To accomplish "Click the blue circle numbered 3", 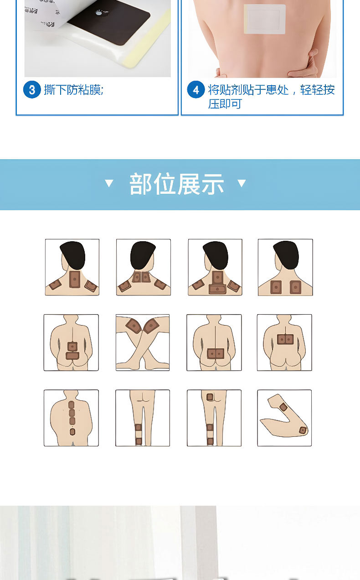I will [x=32, y=90].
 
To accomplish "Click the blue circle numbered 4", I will [x=196, y=90].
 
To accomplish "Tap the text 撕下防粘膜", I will [x=73, y=90].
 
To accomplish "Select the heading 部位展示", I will [x=176, y=184].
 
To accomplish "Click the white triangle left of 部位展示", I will [x=109, y=183].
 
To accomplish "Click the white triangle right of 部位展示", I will [x=242, y=183].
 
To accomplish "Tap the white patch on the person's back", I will [x=265, y=19].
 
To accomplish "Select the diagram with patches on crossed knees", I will [x=143, y=342].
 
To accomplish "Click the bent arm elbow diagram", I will [x=284, y=418].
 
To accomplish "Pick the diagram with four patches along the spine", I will [x=71, y=418].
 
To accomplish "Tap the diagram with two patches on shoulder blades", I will [x=285, y=267].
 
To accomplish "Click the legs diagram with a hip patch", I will [x=214, y=418].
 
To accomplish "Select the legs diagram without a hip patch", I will [x=143, y=418].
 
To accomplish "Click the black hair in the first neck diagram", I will [x=72, y=254].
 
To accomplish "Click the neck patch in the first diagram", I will [x=75, y=279].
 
